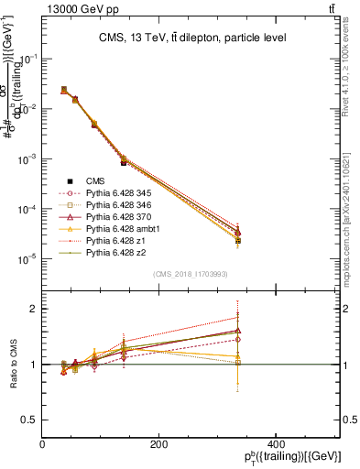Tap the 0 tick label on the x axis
coord(42,445)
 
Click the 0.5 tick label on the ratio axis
coord(28,419)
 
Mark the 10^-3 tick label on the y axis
coord(27,159)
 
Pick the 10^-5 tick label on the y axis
coord(27,259)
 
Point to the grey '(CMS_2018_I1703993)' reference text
coord(190,275)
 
